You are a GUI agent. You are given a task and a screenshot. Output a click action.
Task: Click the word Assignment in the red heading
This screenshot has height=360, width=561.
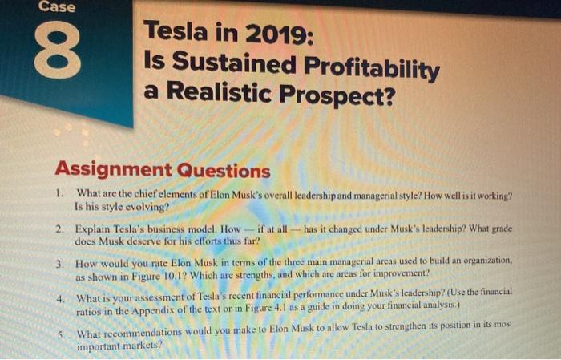(x=113, y=170)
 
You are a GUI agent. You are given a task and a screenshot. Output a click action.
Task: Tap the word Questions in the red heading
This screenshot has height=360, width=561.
(x=223, y=171)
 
